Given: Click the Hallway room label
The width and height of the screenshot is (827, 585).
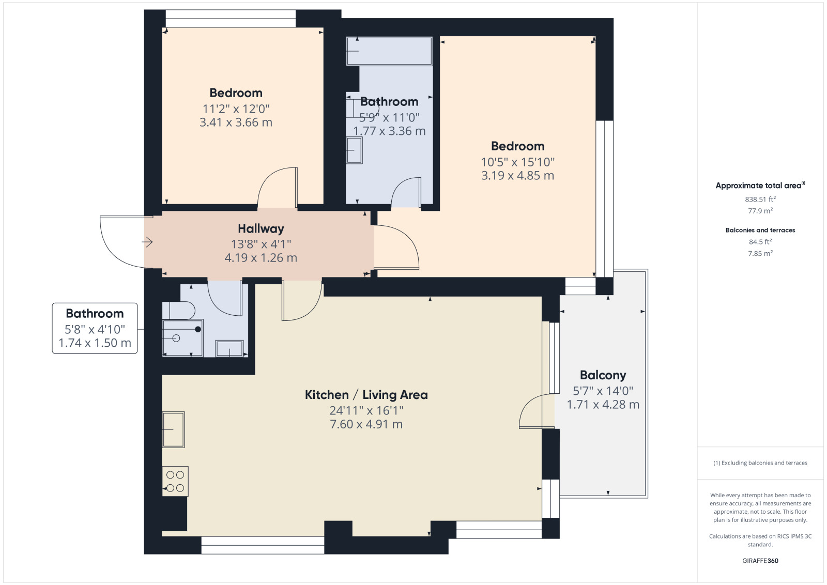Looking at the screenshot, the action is point(261,229).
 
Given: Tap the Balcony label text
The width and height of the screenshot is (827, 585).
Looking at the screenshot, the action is point(603,375).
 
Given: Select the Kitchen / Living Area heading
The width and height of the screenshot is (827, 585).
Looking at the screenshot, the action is point(366,395).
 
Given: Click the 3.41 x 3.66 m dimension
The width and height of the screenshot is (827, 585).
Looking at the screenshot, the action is point(236,122).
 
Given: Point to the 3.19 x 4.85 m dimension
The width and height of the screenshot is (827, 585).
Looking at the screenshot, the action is point(517,175).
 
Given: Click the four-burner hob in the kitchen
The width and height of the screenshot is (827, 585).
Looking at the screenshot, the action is point(175,481).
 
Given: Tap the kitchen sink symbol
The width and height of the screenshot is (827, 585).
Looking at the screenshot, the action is point(173,429).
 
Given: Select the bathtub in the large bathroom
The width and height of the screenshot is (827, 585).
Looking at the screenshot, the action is point(389,51).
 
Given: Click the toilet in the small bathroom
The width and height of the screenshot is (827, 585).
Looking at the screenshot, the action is point(179,311).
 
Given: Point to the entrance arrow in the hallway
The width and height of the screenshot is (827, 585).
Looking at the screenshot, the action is point(147,242).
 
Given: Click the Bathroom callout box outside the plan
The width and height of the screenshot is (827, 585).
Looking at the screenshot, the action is point(95,328).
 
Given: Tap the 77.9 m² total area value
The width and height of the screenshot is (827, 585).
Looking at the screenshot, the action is point(760,211).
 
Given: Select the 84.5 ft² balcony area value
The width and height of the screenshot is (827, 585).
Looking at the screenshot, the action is point(760,242).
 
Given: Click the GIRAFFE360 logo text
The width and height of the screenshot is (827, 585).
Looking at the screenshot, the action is point(760,561).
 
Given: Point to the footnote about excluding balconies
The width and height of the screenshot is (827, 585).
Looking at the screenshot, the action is point(760,463).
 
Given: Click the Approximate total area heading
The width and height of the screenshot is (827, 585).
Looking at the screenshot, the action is point(760,186).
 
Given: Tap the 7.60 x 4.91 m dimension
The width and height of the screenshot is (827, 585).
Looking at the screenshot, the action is point(366,424).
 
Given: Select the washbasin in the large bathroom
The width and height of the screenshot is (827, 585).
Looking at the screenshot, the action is point(354,150).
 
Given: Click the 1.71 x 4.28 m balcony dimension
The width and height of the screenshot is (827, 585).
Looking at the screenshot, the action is point(603,405).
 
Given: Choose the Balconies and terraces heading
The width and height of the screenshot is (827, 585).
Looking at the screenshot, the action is point(760,230).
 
